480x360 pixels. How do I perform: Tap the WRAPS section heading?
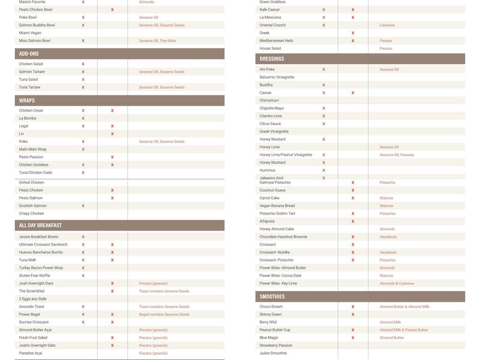click(27, 101)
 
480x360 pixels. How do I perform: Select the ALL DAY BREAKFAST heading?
click(40, 226)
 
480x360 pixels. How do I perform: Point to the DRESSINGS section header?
click(272, 59)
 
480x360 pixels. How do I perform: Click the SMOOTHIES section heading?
click(272, 297)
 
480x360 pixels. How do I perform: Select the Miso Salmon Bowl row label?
click(35, 41)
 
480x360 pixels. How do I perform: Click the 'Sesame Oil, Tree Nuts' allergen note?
click(157, 41)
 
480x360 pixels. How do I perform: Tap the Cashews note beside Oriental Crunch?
click(387, 25)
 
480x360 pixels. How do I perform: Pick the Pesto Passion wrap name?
click(31, 157)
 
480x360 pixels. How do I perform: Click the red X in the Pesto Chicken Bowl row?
click(112, 10)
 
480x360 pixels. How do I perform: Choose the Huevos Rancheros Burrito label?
click(41, 253)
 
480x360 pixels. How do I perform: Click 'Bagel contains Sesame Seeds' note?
click(164, 314)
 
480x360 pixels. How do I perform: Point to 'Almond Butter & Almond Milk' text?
click(404, 307)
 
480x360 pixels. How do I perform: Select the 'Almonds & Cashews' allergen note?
click(397, 283)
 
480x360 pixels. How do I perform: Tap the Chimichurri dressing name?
click(269, 100)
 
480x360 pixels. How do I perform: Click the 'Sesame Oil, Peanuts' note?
click(397, 155)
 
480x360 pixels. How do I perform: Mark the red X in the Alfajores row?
click(353, 221)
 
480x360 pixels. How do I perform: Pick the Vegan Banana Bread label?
click(277, 206)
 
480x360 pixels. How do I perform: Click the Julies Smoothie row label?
click(273, 353)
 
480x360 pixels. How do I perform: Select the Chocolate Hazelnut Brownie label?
click(283, 237)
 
